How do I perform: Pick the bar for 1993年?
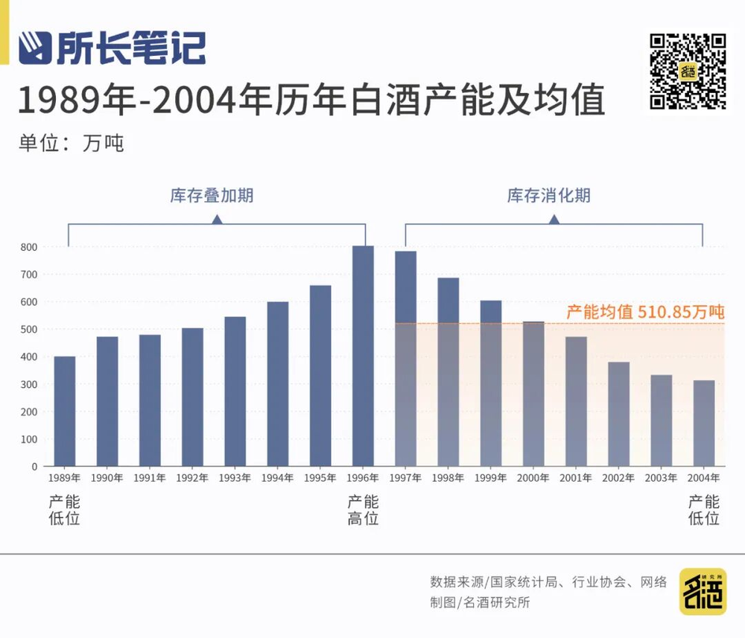click(235, 392)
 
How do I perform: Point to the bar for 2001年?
click(576, 401)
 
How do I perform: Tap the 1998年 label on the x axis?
click(448, 478)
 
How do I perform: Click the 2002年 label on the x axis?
click(618, 478)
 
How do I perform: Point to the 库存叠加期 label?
click(212, 196)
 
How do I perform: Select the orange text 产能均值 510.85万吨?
click(645, 311)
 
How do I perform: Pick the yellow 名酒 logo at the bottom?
click(703, 591)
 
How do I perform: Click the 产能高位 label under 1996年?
click(363, 510)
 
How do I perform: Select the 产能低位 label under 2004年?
click(704, 510)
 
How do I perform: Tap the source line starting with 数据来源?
click(548, 582)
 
